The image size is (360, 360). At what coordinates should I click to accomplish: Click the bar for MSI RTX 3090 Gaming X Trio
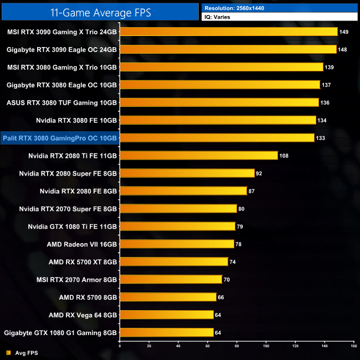(228, 32)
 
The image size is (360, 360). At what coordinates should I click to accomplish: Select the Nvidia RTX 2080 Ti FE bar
(198, 156)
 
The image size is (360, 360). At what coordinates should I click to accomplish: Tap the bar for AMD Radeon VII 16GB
(177, 244)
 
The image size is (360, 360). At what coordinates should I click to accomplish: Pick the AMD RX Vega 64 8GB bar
(166, 315)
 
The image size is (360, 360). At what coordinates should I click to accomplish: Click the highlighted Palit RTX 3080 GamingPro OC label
(60, 138)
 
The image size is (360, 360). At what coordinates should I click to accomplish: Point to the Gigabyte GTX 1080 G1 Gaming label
(60, 333)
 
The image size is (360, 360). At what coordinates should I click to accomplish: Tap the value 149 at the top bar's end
(344, 32)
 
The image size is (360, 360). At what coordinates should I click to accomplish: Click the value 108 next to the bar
(284, 156)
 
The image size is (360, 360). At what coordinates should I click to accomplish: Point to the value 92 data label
(259, 174)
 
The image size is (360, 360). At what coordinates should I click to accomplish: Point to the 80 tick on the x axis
(236, 346)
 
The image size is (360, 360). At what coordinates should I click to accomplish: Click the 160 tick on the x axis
(353, 346)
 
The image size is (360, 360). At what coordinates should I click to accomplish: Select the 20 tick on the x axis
(149, 346)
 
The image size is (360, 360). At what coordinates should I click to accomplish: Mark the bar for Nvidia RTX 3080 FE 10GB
(218, 120)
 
